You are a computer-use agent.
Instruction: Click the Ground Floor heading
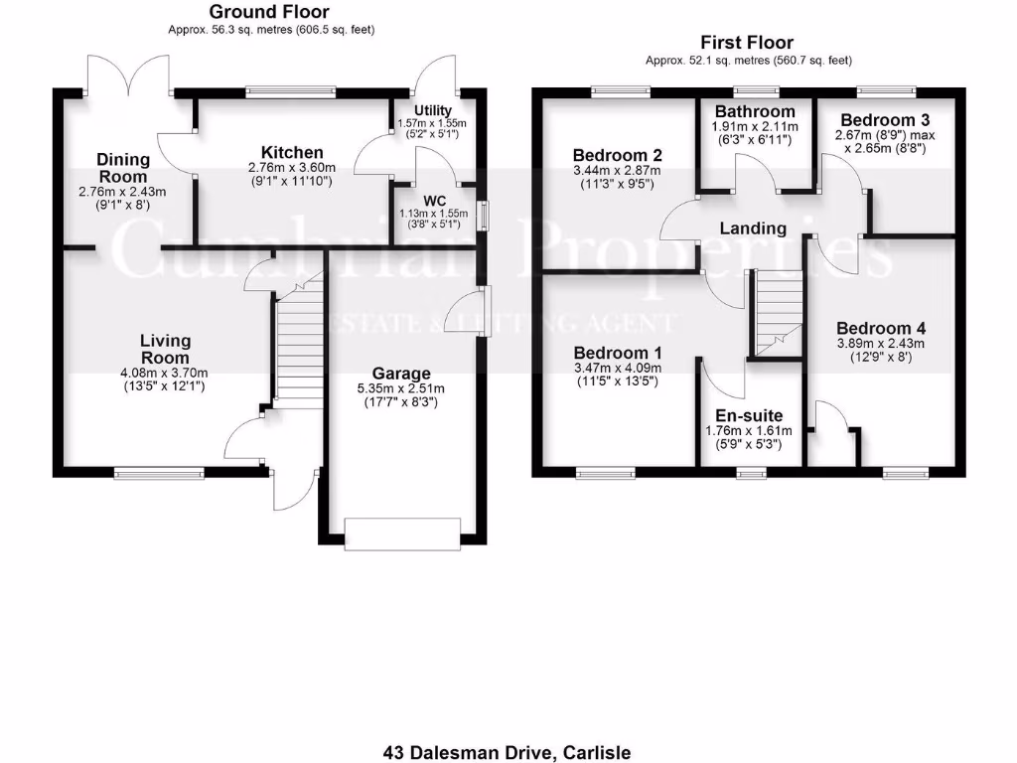click(x=268, y=12)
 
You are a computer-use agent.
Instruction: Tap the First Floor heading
click(x=747, y=42)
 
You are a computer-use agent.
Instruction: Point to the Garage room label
click(x=402, y=374)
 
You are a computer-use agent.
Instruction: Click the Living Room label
click(x=165, y=350)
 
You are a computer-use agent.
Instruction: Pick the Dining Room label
click(x=123, y=167)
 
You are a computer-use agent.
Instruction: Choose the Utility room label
click(x=433, y=110)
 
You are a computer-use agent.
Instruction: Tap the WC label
click(x=434, y=201)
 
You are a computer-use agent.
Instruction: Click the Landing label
click(x=753, y=229)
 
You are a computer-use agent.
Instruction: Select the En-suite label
click(x=749, y=415)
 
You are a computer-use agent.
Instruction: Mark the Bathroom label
click(x=755, y=111)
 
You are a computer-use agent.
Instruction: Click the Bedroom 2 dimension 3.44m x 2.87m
click(x=617, y=171)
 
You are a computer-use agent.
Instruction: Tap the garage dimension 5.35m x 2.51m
click(x=402, y=388)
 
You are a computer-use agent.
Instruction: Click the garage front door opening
click(x=402, y=534)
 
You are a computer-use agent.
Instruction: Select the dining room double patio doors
click(x=128, y=75)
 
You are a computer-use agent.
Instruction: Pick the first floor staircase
click(x=779, y=313)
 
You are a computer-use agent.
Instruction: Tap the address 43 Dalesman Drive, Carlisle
click(x=507, y=752)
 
